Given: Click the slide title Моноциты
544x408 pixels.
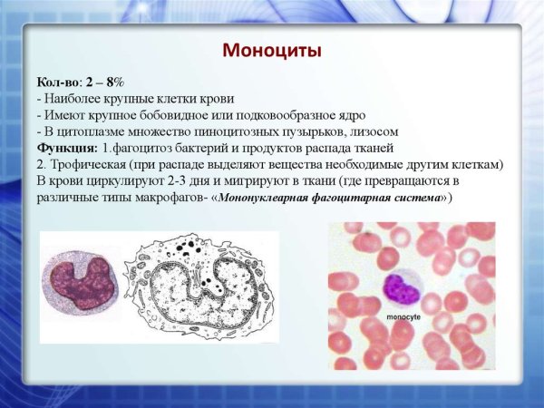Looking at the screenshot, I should pyautogui.click(x=272, y=51).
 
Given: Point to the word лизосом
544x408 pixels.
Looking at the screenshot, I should pyautogui.click(x=373, y=131).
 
